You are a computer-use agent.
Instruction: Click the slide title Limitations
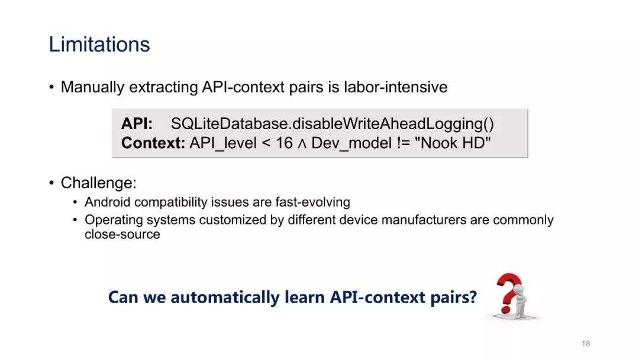coord(99,44)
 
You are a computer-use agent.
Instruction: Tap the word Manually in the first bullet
coord(92,88)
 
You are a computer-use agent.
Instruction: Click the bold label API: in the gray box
coord(137,124)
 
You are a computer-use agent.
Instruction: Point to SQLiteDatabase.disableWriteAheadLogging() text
coord(332,124)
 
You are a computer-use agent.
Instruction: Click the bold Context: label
coord(153,143)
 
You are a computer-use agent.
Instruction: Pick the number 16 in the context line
coord(284,143)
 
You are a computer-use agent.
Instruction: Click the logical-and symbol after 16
coord(302,144)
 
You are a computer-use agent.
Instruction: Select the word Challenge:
coord(99,183)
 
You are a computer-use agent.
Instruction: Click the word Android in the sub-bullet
coord(108,202)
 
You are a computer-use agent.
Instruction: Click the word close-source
coord(122,234)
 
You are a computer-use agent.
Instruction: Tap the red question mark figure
coord(512,295)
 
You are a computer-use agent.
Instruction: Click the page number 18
coord(586,343)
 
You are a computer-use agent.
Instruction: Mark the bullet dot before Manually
coord(51,87)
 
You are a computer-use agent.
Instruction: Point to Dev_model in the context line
coord(351,143)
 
